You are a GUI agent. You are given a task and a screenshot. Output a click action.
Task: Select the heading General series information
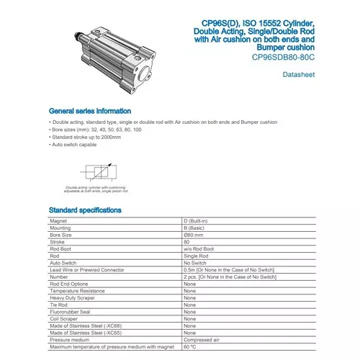coord(89,112)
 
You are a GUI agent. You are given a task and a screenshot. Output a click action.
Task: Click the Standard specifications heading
coord(84,210)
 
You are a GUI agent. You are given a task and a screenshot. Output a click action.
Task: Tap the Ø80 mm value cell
coord(199,235)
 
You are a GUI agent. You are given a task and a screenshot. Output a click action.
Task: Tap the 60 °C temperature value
coord(191,347)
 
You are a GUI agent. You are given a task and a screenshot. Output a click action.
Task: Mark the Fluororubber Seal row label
coord(71,312)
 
